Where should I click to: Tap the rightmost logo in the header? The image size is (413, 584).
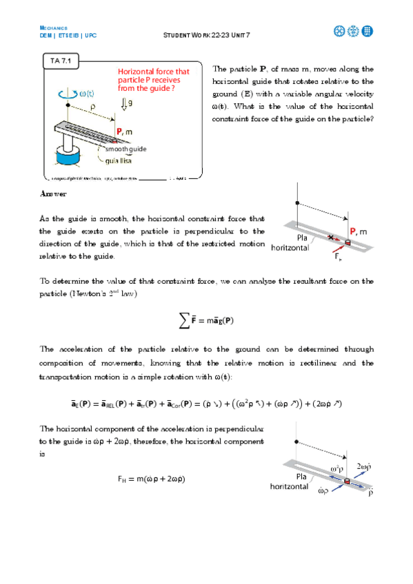click(367, 31)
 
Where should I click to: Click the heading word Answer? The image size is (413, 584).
click(53, 194)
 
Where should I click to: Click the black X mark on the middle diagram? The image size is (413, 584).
click(332, 237)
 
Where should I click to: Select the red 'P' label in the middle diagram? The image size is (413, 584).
click(352, 231)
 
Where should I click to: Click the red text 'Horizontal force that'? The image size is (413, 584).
click(153, 71)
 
